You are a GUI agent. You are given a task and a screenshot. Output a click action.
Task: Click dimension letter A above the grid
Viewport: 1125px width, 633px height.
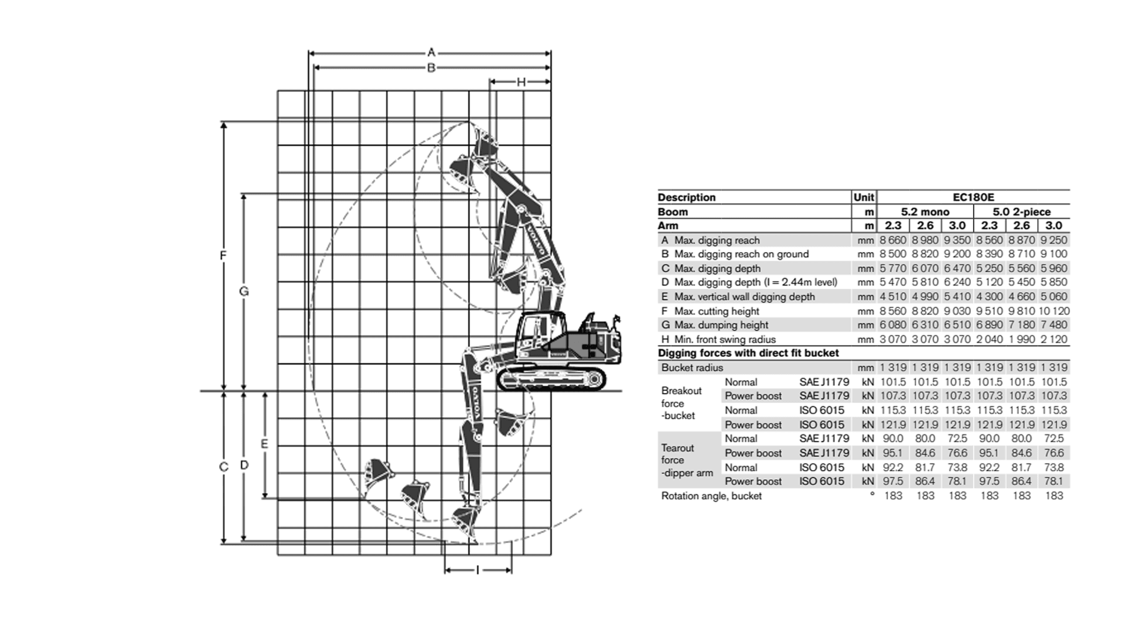[x=431, y=52]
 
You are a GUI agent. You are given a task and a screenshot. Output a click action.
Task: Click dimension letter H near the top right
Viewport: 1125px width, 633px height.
[x=521, y=82]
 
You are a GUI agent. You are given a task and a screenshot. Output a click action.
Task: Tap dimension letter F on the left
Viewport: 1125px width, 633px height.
[x=223, y=256]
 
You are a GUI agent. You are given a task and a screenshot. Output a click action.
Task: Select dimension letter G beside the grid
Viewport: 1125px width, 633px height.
[x=244, y=291]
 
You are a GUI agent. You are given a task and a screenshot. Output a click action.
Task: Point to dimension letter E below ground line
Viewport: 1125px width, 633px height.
[x=264, y=444]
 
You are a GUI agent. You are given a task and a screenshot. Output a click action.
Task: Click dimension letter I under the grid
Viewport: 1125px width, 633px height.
[x=478, y=570]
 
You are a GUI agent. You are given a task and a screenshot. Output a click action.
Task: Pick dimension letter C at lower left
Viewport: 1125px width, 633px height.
[x=223, y=467]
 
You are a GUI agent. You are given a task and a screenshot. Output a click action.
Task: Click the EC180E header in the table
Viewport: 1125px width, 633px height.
[x=973, y=198]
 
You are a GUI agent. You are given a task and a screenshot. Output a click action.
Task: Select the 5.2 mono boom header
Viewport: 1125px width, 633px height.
[x=925, y=212]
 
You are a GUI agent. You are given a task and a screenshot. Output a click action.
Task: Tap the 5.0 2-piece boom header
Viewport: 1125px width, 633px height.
[x=1022, y=212]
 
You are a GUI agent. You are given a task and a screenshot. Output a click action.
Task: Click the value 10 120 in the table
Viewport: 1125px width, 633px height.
[x=1054, y=311]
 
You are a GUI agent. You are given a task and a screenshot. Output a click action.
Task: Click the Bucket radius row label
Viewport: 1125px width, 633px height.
[x=692, y=367]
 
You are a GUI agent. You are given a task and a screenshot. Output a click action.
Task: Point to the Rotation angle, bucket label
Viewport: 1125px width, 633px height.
[x=711, y=496]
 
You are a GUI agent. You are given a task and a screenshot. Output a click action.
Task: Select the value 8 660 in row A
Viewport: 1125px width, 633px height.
[x=893, y=240]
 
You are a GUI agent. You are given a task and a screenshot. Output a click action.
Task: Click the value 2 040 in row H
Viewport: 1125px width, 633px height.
[x=990, y=339]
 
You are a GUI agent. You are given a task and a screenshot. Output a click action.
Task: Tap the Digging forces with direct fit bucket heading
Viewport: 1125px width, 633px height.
[x=748, y=353]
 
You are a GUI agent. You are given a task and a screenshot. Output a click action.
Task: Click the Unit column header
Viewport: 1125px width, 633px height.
[x=864, y=198]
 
